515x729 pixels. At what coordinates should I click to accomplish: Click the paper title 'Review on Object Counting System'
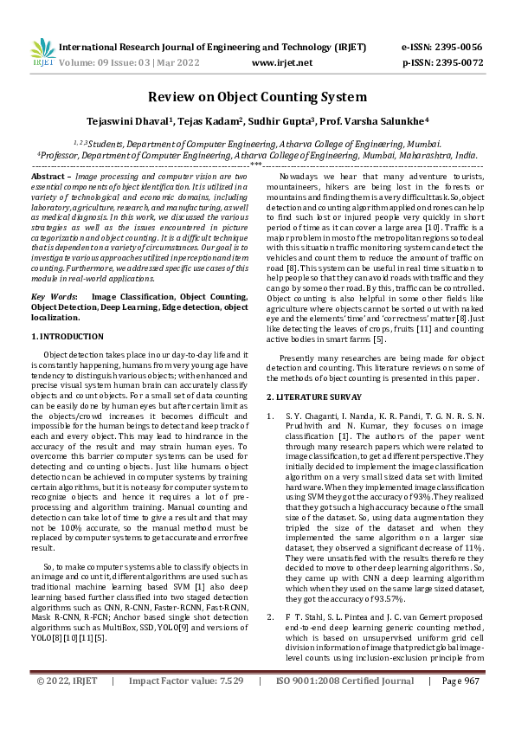point(257,97)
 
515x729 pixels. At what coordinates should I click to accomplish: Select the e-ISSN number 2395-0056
point(459,47)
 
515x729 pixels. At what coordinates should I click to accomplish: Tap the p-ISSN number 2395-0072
point(459,62)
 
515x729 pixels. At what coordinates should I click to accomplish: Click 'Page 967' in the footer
point(460,706)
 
